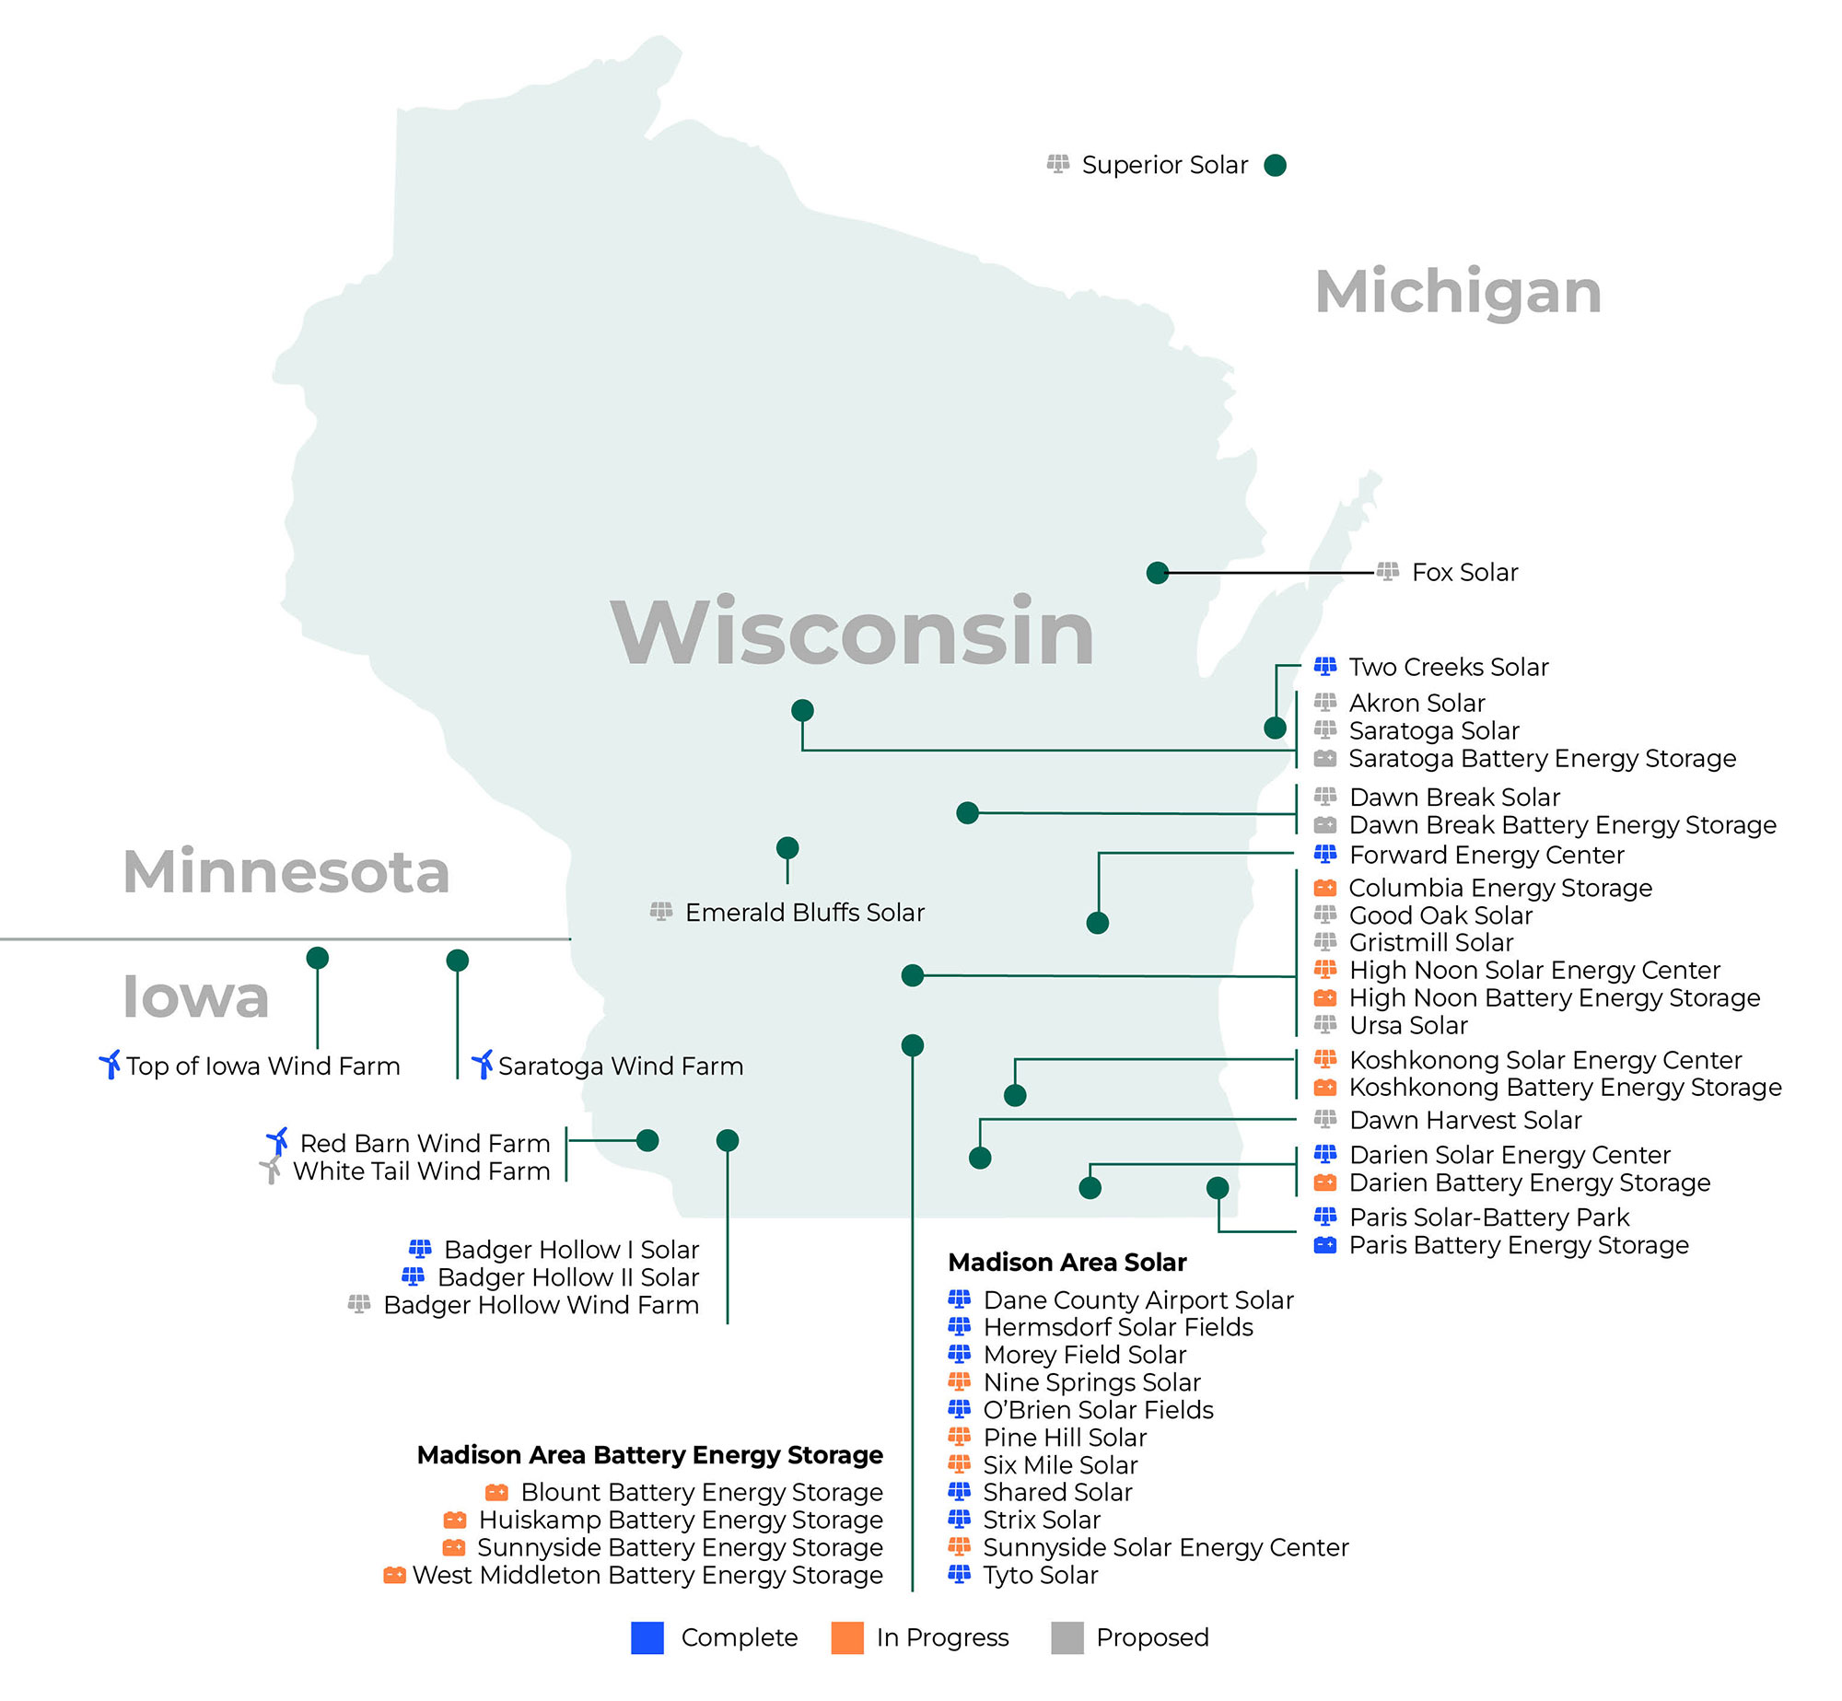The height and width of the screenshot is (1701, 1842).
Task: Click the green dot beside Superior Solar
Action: click(1275, 165)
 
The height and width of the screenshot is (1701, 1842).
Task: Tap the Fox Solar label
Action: click(1464, 573)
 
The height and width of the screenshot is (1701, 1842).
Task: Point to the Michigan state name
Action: click(1458, 292)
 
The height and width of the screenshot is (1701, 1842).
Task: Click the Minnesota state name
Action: click(286, 871)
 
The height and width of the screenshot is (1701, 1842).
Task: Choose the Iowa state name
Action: click(195, 996)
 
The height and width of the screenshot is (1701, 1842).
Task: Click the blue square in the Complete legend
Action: click(647, 1638)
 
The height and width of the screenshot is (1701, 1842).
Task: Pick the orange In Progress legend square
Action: click(847, 1638)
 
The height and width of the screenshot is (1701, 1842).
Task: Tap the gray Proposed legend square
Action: click(1067, 1638)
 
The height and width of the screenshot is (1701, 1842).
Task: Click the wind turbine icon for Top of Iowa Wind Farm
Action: click(110, 1065)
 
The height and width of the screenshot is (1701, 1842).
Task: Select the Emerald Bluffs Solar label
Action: click(804, 913)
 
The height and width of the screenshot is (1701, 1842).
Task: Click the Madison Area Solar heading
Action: click(1067, 1262)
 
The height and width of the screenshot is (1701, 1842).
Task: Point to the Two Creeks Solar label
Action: click(1448, 667)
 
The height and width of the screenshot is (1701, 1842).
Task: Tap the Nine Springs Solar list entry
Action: click(1091, 1382)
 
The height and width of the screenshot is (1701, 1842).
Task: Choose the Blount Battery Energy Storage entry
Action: click(701, 1492)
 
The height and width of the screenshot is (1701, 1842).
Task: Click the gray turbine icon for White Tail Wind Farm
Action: click(271, 1171)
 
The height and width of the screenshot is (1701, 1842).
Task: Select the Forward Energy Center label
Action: click(1486, 855)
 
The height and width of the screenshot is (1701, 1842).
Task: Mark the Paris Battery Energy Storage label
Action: click(1518, 1245)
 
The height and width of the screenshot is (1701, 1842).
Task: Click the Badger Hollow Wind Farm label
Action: click(541, 1305)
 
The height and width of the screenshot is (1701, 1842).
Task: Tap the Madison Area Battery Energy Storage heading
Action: click(649, 1455)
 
